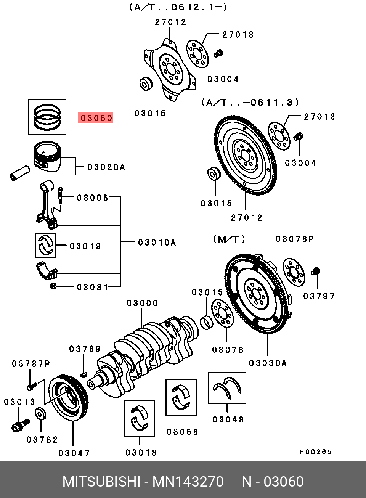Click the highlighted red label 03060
[x=95, y=118]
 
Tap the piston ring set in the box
[x=47, y=117]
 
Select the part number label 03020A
[x=106, y=167]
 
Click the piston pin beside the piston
[x=20, y=173]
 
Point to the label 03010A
[x=157, y=243]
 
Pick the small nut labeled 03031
[x=53, y=286]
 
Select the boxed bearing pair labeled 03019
[x=45, y=245]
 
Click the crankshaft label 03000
[x=142, y=303]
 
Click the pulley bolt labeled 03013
[x=21, y=425]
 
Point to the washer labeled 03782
[x=41, y=414]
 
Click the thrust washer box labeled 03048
[x=227, y=388]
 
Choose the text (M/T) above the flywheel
[x=229, y=239]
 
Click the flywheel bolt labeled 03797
[x=316, y=271]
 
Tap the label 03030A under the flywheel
[x=268, y=363]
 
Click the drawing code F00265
[x=316, y=452]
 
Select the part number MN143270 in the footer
[x=188, y=482]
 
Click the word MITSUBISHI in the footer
[x=101, y=482]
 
